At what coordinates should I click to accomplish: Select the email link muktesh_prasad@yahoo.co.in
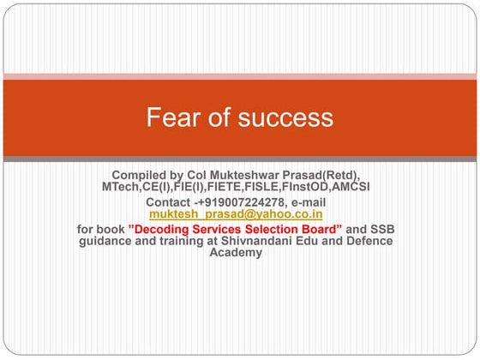click(x=236, y=213)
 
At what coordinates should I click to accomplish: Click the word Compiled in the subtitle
click(x=142, y=175)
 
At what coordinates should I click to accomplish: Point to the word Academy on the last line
click(x=236, y=253)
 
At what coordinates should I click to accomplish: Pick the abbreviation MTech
click(x=121, y=186)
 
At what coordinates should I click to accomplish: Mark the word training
click(x=189, y=241)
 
